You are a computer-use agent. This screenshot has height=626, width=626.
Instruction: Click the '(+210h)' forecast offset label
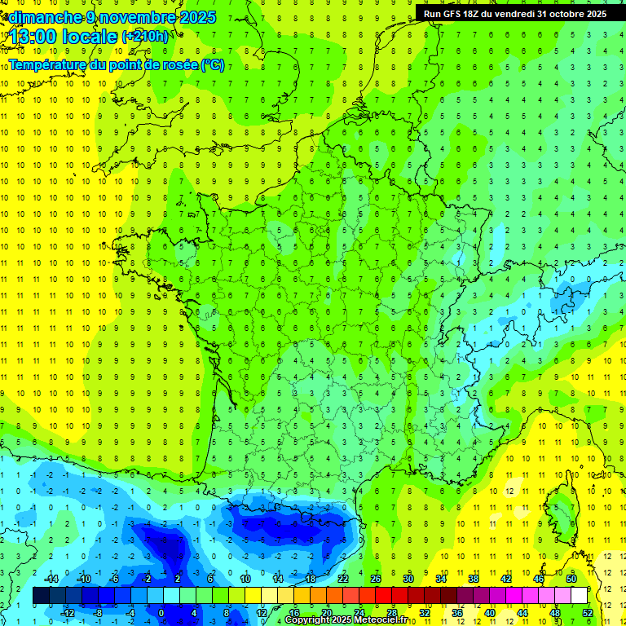[145, 37]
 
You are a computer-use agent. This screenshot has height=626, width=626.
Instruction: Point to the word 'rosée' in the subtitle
[174, 64]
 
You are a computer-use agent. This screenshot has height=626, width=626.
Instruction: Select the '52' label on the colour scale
[587, 612]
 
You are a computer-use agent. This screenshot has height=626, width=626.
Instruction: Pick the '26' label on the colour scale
[376, 579]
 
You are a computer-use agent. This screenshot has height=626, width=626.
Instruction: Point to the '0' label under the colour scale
[161, 612]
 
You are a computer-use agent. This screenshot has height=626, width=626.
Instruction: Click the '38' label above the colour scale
[474, 579]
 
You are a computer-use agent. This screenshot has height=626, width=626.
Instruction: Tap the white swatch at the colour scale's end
[579, 596]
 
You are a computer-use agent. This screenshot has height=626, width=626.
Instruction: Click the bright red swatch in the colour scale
[383, 596]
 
